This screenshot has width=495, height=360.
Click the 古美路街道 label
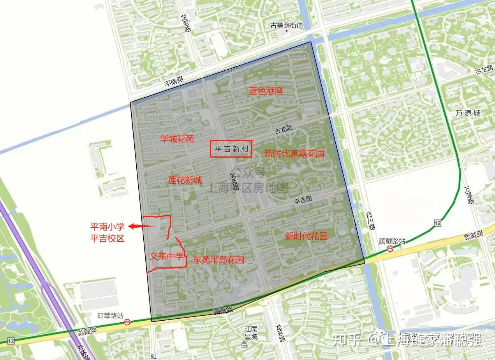(287, 26)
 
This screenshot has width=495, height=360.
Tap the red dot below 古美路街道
(287, 31)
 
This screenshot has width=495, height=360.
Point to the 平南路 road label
(174, 81)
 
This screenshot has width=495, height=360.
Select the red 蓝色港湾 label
(266, 91)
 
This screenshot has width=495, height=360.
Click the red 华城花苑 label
(177, 138)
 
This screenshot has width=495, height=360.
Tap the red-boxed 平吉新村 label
(231, 149)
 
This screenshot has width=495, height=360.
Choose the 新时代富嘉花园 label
(294, 154)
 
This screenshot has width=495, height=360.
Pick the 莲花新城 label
(185, 180)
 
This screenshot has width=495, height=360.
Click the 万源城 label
(468, 114)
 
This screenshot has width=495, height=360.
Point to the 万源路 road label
(469, 195)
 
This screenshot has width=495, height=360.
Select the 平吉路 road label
(303, 200)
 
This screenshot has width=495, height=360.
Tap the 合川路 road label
(370, 221)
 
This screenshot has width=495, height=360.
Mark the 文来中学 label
(166, 257)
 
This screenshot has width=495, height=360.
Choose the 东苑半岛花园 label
(218, 260)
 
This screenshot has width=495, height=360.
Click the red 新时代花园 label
(306, 236)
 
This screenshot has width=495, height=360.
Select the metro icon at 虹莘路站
(127, 322)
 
